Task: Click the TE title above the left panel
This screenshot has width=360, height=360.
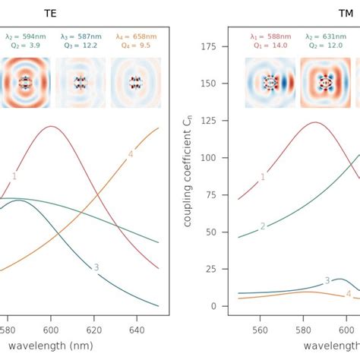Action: coord(50,14)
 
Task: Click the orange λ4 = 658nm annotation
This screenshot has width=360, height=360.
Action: coord(137,35)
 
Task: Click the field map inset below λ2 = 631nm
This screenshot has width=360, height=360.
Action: coord(326,80)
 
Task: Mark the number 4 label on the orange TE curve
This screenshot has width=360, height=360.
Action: coord(131,154)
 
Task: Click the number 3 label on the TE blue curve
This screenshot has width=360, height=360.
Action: coord(96,267)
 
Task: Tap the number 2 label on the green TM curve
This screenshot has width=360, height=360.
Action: coord(263,226)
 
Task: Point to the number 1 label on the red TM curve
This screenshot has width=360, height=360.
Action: coord(263,177)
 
